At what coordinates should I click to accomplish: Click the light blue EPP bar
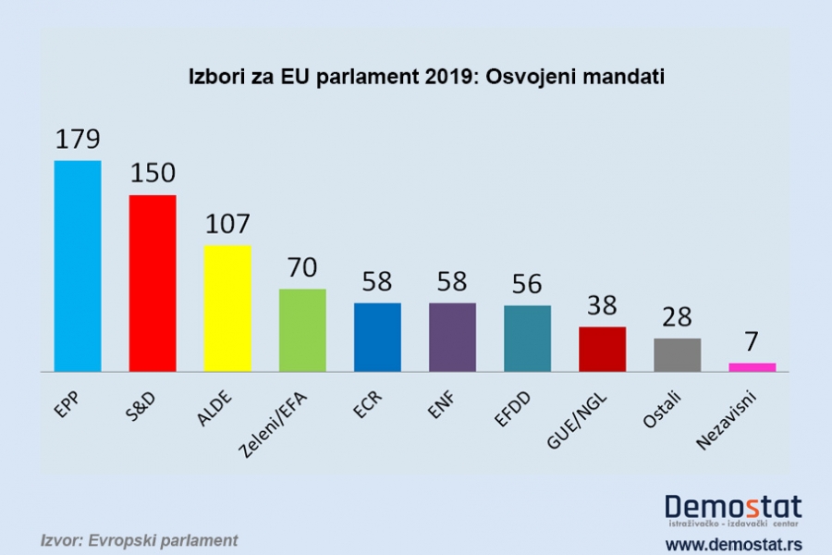78,265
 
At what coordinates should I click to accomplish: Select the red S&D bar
153,282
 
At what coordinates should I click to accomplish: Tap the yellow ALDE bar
227,307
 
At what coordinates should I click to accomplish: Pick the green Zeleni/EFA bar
302,329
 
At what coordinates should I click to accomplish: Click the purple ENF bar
452,337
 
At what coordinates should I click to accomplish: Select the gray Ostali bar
677,354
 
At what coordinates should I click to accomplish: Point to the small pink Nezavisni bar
752,366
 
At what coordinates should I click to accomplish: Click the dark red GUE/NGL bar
602,349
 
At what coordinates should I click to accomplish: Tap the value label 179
78,141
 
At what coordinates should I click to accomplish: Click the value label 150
153,175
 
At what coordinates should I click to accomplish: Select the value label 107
227,225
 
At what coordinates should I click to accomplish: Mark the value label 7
752,342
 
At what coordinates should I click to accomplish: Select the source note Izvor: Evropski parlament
139,539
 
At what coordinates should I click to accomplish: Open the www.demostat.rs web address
733,542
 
